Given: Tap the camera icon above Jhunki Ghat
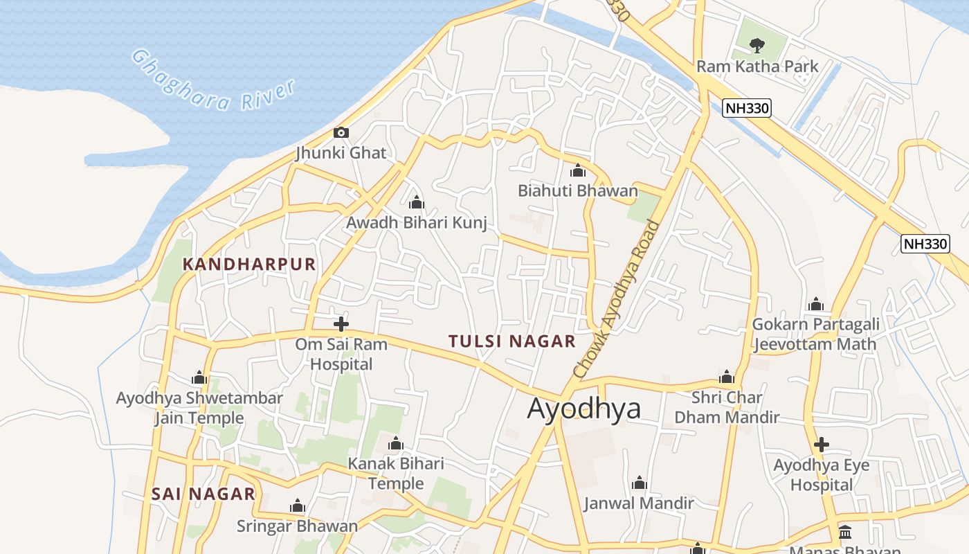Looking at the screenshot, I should (x=341, y=132).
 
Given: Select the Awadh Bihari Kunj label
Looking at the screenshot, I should (x=417, y=223).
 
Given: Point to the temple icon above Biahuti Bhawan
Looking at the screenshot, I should (x=578, y=170).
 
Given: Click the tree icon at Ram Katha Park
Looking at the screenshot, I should (x=757, y=46).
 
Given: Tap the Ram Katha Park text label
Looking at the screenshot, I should (x=757, y=66).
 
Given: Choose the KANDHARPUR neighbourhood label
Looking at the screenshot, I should (x=249, y=264).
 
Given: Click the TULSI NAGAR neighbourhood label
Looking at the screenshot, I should (x=512, y=341).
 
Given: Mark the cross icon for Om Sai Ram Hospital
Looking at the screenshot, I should (x=341, y=323).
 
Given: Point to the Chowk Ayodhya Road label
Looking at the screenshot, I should (x=619, y=299).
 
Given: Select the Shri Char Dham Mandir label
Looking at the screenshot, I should (x=727, y=407).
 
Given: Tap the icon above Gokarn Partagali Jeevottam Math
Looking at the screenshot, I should (x=815, y=304).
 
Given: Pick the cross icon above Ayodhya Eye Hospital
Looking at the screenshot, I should (x=821, y=444).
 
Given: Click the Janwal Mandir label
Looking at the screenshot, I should (x=638, y=503).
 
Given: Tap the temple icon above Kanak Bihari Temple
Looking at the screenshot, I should (x=396, y=443).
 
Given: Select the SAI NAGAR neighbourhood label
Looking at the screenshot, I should (x=203, y=494).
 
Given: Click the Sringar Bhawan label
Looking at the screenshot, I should (x=298, y=526).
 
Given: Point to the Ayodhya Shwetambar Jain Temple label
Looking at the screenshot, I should (x=199, y=408).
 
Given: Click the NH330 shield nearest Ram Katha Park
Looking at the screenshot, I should (x=746, y=108).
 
